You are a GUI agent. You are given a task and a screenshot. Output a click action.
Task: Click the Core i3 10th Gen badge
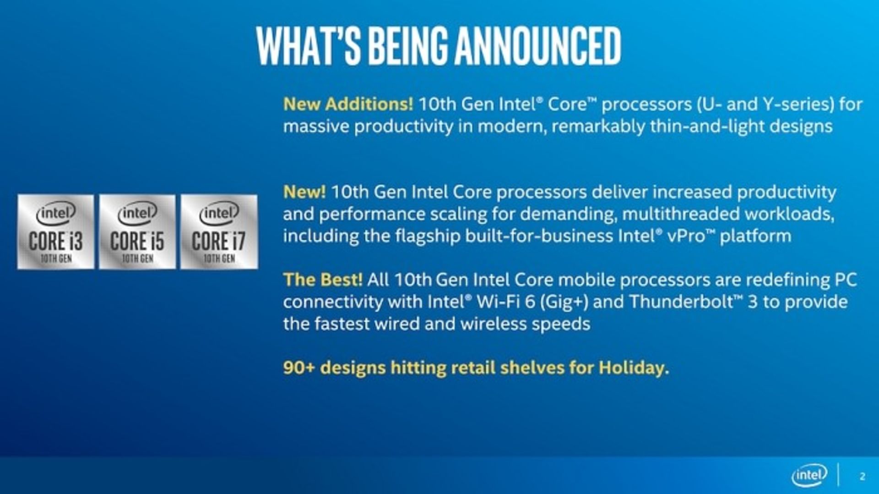(56, 232)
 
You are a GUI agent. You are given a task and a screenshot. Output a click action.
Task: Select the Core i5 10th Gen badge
(137, 232)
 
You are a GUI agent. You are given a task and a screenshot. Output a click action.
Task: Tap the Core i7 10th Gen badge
(219, 232)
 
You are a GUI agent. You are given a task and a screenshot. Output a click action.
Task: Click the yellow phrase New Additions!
(348, 104)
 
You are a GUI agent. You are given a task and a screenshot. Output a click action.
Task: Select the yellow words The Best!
(323, 280)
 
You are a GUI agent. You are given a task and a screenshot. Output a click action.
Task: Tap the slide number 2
(863, 477)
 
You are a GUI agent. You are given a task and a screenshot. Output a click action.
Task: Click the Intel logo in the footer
(809, 476)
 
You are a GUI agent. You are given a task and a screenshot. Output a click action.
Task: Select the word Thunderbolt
(681, 302)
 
